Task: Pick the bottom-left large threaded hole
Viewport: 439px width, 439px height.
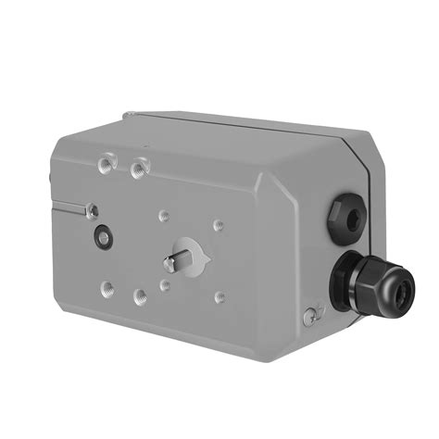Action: [x=109, y=287]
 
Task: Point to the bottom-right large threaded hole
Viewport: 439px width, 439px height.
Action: [x=141, y=297]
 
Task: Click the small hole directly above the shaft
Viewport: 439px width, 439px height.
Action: [x=164, y=216]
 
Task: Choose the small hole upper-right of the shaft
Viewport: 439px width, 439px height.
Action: [x=219, y=225]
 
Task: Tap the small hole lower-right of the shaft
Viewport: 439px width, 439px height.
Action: [x=219, y=298]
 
